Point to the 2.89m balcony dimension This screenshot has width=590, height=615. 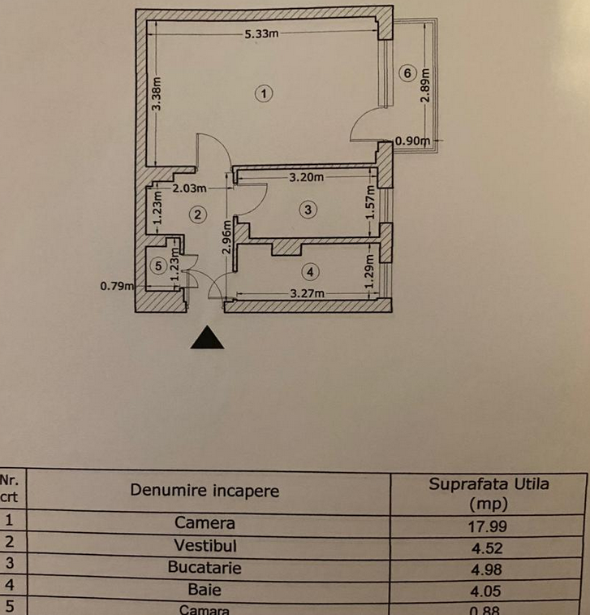[x=426, y=84]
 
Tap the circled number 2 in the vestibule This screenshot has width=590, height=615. [x=197, y=214]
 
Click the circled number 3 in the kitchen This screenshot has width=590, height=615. [x=306, y=210]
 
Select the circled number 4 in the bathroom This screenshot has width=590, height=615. [x=309, y=271]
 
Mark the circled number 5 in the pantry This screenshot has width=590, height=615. [x=158, y=264]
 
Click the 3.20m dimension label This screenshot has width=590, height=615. [x=306, y=177]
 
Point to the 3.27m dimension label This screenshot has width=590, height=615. [x=308, y=293]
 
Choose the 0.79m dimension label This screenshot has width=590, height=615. [x=116, y=285]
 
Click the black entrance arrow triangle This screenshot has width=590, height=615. [x=207, y=337]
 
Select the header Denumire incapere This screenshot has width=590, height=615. [x=205, y=491]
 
